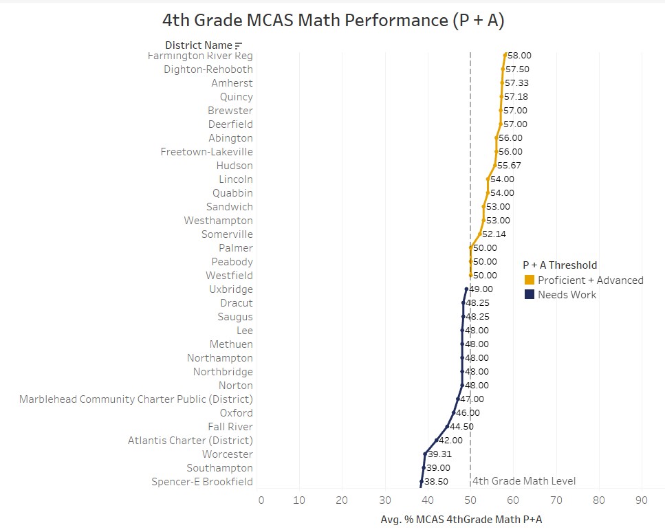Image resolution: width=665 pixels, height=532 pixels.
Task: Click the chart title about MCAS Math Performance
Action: (333, 21)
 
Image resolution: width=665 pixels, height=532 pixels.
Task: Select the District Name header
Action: (199, 45)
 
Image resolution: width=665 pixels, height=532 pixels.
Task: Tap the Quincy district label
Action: (236, 97)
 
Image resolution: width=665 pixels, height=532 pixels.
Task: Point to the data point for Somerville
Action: (479, 234)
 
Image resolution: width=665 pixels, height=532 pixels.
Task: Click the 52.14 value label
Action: (494, 234)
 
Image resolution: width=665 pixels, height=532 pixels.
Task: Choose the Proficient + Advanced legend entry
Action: (591, 280)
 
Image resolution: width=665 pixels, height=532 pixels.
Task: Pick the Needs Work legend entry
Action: (567, 295)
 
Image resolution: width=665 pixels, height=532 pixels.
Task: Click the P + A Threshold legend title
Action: (560, 265)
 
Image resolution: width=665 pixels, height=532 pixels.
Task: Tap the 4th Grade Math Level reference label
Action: (524, 481)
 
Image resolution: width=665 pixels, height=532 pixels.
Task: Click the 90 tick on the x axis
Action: (642, 500)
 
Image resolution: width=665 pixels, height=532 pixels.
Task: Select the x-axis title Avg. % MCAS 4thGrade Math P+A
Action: (461, 520)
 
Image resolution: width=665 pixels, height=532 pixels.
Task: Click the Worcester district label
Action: (228, 454)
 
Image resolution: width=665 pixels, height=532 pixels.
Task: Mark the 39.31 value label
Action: (440, 454)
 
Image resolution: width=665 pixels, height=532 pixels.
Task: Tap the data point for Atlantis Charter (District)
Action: (436, 441)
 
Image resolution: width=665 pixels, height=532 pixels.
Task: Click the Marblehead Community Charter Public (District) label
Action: (136, 399)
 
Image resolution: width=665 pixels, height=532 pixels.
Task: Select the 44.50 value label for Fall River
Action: (461, 427)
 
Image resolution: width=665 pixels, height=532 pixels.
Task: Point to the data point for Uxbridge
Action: (466, 289)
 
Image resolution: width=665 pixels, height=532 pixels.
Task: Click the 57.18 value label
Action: (516, 97)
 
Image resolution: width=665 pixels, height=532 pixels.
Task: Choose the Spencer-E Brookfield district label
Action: (202, 482)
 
